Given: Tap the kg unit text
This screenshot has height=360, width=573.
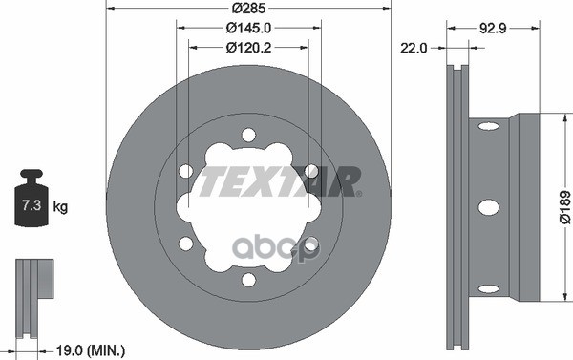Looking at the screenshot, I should tap(61, 206).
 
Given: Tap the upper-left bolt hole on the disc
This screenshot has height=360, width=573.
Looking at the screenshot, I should tap(185, 171).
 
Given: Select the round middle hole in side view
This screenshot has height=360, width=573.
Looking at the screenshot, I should tap(487, 206).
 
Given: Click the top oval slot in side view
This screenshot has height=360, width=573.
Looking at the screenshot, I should tap(487, 125).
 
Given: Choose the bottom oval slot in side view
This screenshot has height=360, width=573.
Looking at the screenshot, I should tap(487, 287).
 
